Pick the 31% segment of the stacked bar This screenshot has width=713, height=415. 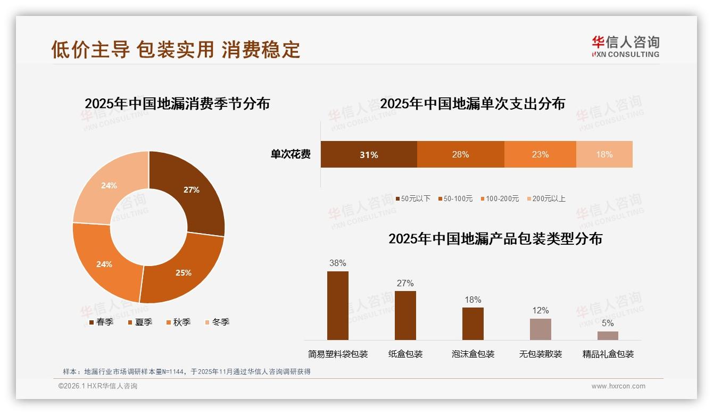[x=369, y=154]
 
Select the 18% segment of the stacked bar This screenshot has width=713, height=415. [x=604, y=154]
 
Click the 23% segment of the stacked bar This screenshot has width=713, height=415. [x=540, y=154]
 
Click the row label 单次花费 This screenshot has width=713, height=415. [x=291, y=154]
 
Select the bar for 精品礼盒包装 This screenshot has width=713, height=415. [x=608, y=336]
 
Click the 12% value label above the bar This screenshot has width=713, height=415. [x=541, y=310]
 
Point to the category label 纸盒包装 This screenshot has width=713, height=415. [x=405, y=354]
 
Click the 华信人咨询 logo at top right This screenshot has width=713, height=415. [x=625, y=46]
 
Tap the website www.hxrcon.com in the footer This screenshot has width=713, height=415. [x=618, y=386]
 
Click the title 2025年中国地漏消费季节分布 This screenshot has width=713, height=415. [x=177, y=103]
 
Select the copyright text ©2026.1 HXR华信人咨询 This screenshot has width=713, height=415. [x=98, y=386]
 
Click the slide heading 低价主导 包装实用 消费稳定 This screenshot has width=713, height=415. [x=176, y=49]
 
